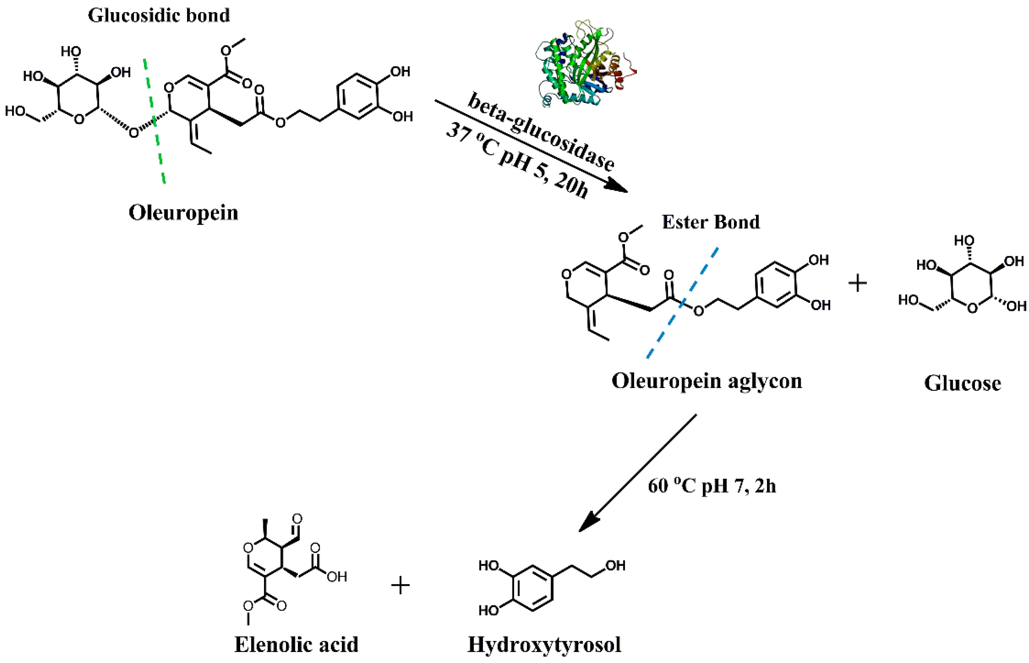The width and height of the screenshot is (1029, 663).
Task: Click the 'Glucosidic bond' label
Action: [159, 15]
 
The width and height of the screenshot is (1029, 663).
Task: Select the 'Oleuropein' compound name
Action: [183, 213]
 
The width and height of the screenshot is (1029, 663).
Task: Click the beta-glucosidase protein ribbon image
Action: [585, 69]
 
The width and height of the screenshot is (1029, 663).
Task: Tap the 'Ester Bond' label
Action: [711, 222]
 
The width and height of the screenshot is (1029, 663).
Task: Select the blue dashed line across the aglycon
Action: [682, 303]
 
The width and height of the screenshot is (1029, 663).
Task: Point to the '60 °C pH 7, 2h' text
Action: [712, 486]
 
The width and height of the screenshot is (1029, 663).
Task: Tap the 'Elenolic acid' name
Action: [297, 645]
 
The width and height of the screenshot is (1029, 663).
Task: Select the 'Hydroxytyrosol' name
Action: [544, 645]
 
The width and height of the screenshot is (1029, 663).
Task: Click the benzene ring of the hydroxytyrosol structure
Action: [533, 588]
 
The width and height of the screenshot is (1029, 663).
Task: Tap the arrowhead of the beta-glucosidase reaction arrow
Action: [617, 187]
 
